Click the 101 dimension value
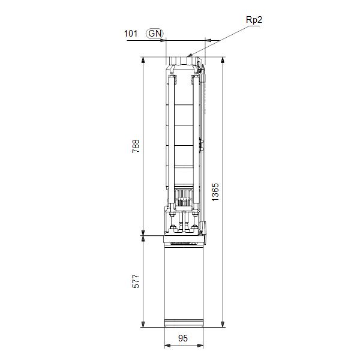click(x=131, y=34)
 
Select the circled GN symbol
click(x=154, y=34)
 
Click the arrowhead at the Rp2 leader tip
click(x=190, y=55)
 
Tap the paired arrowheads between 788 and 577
click(x=143, y=235)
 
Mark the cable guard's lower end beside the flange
click(x=205, y=231)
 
